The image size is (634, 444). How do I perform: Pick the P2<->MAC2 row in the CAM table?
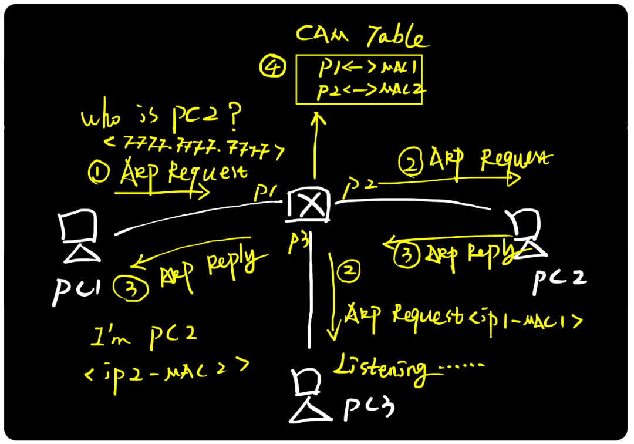[370, 90]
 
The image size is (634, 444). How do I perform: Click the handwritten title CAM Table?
[360, 36]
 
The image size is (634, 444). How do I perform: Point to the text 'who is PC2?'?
[161, 118]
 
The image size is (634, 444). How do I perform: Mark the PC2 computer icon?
[526, 233]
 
